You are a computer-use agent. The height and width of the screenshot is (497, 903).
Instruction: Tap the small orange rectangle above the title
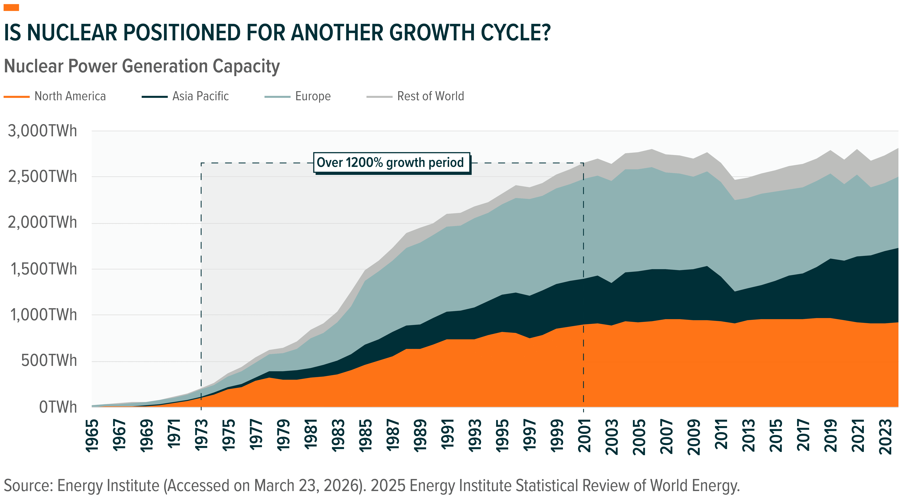[x=11, y=8]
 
